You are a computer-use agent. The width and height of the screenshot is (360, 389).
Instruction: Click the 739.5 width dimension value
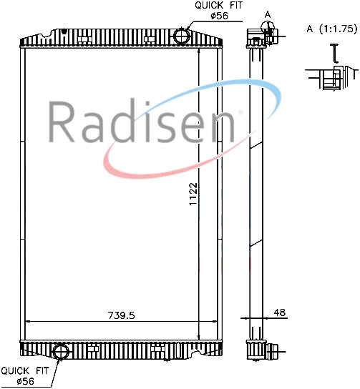121,315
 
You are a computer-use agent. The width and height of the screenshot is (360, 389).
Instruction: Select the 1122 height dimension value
193,194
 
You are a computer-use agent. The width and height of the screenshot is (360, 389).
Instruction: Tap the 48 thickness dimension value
280,312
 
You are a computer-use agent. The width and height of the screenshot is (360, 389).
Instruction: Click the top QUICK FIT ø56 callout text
218,11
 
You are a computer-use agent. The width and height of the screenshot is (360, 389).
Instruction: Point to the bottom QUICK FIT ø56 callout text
25,376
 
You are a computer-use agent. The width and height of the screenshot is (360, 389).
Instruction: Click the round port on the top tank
182,36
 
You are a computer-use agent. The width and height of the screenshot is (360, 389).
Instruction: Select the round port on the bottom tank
61,351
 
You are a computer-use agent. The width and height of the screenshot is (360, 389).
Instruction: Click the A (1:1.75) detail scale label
332,29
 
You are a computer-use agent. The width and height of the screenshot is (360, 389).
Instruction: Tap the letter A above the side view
268,15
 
